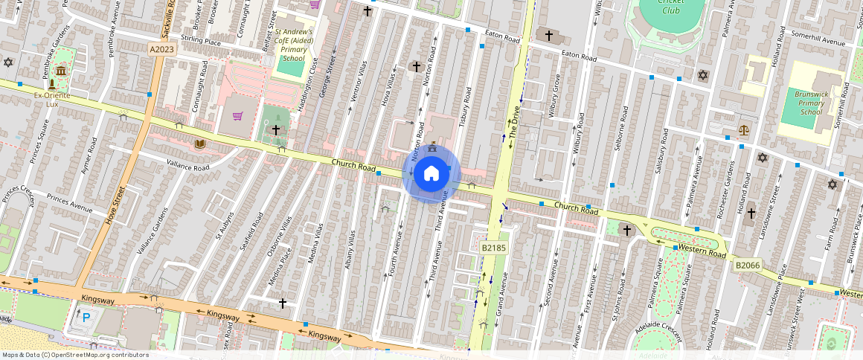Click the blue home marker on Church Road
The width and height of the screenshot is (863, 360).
pyautogui.click(x=431, y=174)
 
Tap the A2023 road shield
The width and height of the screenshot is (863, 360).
pyautogui.click(x=162, y=49)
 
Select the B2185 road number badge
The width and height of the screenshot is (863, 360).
pyautogui.click(x=493, y=246)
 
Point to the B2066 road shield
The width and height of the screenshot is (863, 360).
pyautogui.click(x=747, y=265)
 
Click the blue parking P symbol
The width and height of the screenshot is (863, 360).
pyautogui.click(x=86, y=318)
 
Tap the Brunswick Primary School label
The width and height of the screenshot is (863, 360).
pyautogui.click(x=810, y=102)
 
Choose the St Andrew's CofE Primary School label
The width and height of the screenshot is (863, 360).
pyautogui.click(x=294, y=45)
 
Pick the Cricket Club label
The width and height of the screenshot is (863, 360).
pyautogui.click(x=670, y=6)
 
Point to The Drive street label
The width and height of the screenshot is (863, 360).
pyautogui.click(x=513, y=123)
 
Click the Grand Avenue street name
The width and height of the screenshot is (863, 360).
pyautogui.click(x=501, y=293)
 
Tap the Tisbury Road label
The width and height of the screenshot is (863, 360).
pyautogui.click(x=466, y=106)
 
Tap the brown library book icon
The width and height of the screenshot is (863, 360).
pyautogui.click(x=199, y=144)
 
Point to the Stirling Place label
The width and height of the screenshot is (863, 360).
pyautogui.click(x=200, y=43)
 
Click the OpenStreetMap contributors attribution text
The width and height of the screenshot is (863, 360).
pyautogui.click(x=76, y=355)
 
